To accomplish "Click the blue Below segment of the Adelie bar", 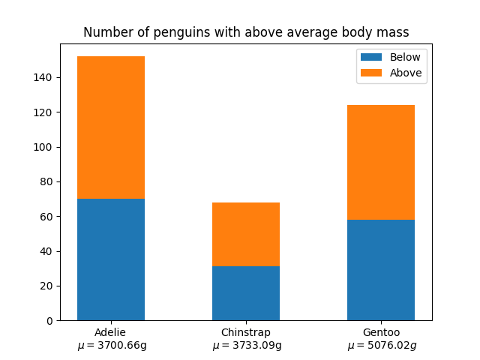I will coord(111,259).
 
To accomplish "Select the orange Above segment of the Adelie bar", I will coord(111,127).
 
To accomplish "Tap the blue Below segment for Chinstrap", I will coord(246,293).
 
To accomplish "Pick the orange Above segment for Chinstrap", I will coord(246,234).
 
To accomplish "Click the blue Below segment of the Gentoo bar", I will coord(381,270).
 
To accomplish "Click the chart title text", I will coord(246,32).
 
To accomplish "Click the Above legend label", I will coord(406,73).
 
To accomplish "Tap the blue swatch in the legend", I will coord(371,57).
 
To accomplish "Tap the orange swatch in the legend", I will coord(371,73).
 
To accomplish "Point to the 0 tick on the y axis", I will coord(49,320).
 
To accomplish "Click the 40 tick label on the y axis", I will coord(46,251).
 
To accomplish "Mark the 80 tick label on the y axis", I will coord(46,181).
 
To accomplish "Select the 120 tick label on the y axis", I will coord(43,112).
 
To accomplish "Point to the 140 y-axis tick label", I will coord(43,77).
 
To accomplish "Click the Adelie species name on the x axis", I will coord(110,332).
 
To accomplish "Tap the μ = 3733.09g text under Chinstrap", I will coord(247,346).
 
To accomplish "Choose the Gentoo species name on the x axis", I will coord(381,332).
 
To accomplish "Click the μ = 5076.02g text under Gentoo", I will coord(382,346).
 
